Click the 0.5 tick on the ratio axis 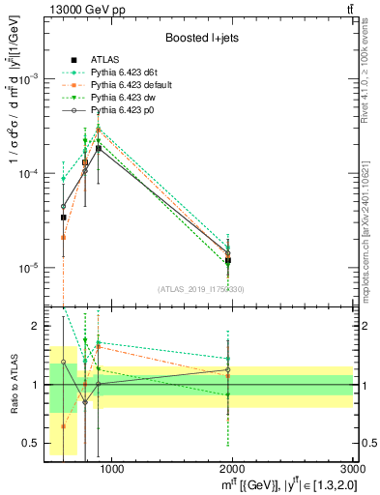[32, 444]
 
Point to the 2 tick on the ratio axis [37, 327]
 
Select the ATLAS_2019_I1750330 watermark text [201, 289]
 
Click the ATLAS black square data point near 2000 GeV [228, 260]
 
